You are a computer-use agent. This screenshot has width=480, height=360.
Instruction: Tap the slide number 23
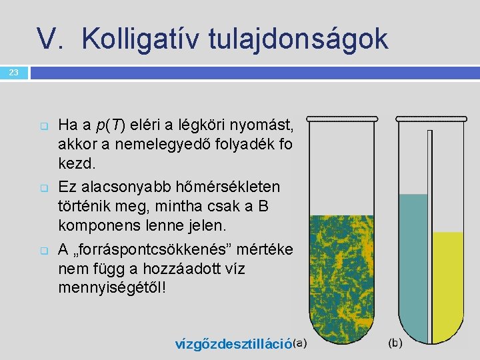click(x=14, y=72)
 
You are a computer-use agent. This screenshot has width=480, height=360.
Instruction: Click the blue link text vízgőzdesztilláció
click(x=233, y=344)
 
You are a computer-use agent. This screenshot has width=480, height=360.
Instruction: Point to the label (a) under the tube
click(x=300, y=343)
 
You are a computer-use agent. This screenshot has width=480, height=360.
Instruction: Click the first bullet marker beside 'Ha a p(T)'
click(x=44, y=125)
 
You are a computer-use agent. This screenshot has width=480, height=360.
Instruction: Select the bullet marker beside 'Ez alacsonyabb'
click(x=44, y=187)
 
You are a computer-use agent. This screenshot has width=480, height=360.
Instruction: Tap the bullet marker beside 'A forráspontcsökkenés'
click(x=44, y=251)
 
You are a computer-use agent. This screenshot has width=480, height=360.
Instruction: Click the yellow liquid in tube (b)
click(x=447, y=280)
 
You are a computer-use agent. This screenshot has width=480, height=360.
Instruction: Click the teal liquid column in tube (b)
click(x=413, y=267)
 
